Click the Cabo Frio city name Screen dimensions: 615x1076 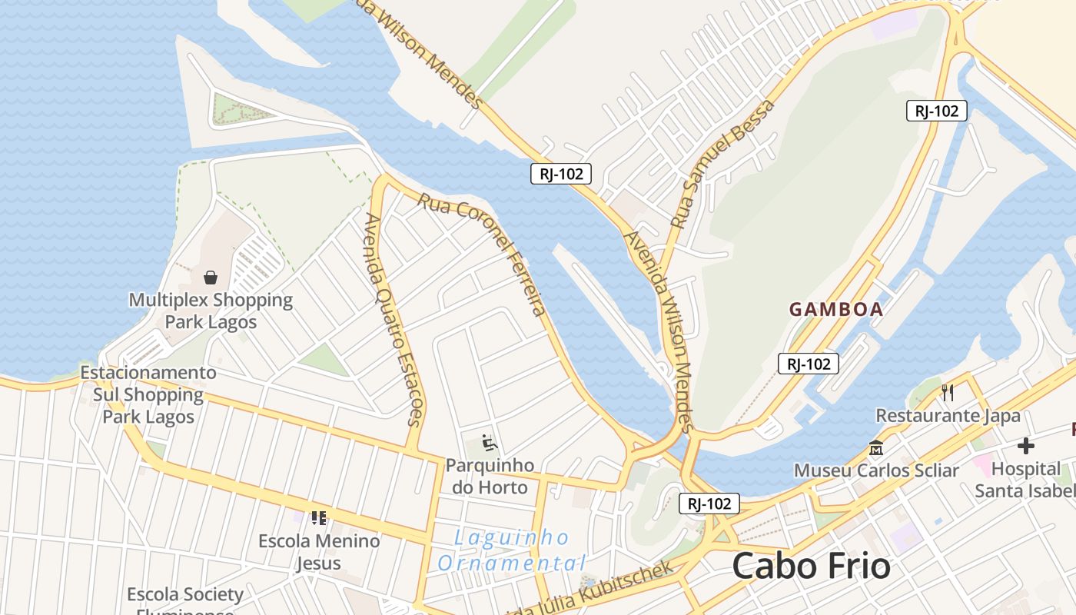tap(811, 567)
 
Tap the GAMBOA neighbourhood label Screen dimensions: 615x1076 tap(836, 310)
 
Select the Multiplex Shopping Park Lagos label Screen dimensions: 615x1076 tap(211, 311)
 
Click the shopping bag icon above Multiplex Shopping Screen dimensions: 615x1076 tap(211, 278)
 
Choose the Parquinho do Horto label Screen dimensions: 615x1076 tap(490, 476)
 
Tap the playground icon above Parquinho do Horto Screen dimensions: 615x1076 tap(490, 443)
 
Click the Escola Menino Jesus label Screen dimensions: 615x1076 tap(319, 551)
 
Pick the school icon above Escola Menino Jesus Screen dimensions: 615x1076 tap(319, 518)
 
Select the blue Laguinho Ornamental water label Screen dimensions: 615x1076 tap(512, 550)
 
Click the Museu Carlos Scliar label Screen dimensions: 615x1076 tap(876, 470)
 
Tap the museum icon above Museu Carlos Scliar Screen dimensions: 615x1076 tap(876, 447)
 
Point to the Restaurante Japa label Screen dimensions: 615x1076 tap(948, 416)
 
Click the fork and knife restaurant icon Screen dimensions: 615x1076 tap(948, 393)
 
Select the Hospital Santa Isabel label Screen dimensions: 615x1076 tap(1025, 479)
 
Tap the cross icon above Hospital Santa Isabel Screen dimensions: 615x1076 tap(1025, 446)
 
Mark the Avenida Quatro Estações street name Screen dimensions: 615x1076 tap(394, 319)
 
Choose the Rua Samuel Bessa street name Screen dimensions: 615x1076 tap(722, 174)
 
